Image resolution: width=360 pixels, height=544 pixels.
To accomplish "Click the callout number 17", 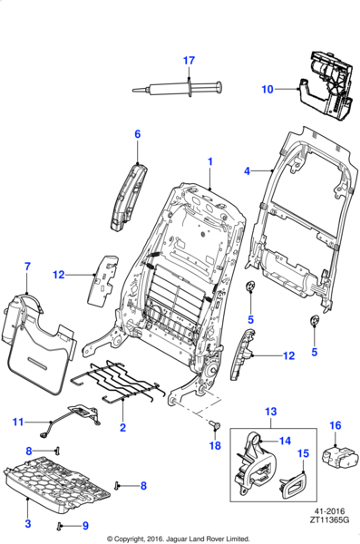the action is pyautogui.click(x=189, y=61).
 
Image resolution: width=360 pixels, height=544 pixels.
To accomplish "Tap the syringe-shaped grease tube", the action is pyautogui.click(x=177, y=89).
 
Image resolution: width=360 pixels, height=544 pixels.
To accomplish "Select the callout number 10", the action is pyautogui.click(x=268, y=89).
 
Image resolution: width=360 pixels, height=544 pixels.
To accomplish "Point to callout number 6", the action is pyautogui.click(x=138, y=134).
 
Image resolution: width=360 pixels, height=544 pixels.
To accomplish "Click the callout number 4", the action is pyautogui.click(x=247, y=171).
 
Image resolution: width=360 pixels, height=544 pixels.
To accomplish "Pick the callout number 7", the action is pyautogui.click(x=27, y=267).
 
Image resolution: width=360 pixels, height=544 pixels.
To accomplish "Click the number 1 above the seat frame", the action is pyautogui.click(x=210, y=161).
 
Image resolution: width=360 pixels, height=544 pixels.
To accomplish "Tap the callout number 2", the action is pyautogui.click(x=122, y=427).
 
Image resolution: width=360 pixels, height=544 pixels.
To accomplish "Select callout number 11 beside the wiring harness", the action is pyautogui.click(x=18, y=422).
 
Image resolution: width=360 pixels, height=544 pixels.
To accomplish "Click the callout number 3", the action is pyautogui.click(x=28, y=523).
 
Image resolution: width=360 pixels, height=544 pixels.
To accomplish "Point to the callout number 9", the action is pyautogui.click(x=85, y=526).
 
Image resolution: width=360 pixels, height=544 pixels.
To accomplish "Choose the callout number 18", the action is pyautogui.click(x=215, y=445).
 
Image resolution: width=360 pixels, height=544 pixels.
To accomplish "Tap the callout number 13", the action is pyautogui.click(x=271, y=412).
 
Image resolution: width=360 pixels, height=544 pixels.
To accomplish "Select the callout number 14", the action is pyautogui.click(x=285, y=441).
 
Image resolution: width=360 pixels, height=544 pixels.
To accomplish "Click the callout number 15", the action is pyautogui.click(x=303, y=453).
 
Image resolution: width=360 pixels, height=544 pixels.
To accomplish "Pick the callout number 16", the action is pyautogui.click(x=336, y=425).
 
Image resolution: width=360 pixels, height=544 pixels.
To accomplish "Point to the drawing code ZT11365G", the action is pyautogui.click(x=330, y=520).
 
